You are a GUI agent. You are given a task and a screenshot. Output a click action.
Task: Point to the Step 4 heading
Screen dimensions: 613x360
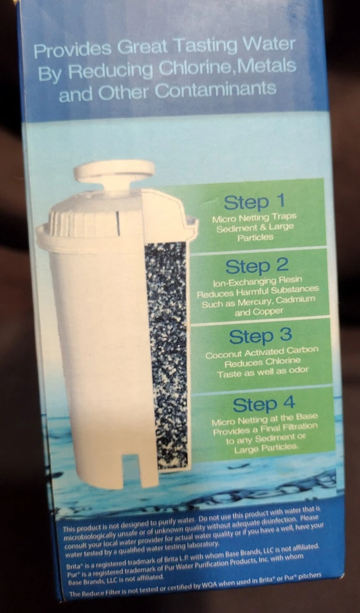tap(264, 405)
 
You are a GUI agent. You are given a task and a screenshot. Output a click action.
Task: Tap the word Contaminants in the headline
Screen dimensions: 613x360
tap(216, 90)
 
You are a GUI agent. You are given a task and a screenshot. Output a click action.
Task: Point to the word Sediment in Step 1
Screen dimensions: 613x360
tap(235, 227)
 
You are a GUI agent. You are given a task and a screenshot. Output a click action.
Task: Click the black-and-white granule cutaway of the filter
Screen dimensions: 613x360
tap(167, 351)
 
